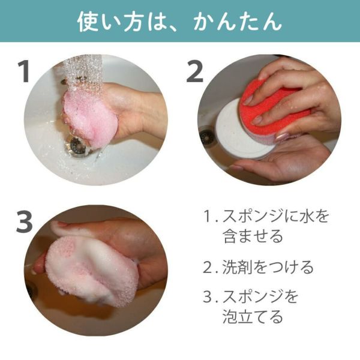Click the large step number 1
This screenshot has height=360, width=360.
23,71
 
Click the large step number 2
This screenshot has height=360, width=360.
194,71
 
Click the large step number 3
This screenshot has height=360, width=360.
25,222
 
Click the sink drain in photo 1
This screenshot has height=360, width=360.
77,146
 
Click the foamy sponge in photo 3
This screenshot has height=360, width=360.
92,271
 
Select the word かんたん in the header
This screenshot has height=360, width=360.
238,22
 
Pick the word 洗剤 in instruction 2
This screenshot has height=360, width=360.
237,267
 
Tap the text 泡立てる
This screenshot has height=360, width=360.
253,317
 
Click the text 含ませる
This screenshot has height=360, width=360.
253,236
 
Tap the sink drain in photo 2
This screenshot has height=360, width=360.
207,137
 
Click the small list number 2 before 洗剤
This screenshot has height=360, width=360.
208,267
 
